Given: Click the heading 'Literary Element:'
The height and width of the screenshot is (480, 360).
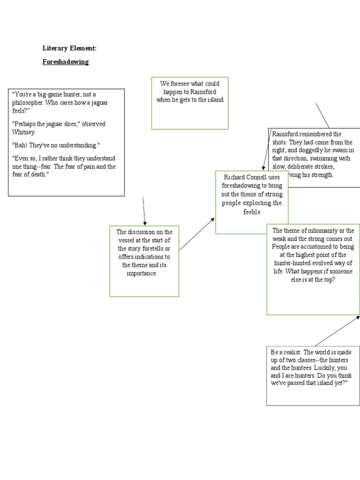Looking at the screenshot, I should [69, 48].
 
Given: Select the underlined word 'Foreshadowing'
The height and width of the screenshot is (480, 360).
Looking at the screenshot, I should [66, 62].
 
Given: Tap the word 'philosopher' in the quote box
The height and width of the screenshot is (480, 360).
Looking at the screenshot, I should [30, 103].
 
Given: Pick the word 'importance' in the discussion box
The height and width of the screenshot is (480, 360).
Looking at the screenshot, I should [142, 273].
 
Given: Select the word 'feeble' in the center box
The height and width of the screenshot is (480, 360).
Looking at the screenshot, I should [252, 211].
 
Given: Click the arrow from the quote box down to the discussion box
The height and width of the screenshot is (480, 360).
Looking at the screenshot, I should [144, 211].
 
